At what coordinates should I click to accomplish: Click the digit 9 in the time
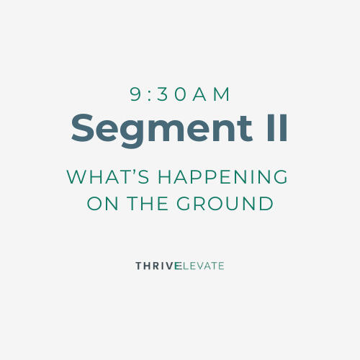point(135,94)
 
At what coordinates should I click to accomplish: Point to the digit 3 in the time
point(163,94)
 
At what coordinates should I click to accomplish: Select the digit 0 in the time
point(180,94)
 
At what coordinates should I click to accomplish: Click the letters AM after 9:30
point(211,94)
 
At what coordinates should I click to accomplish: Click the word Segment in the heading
point(162,130)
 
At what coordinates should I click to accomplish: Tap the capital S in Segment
point(82,127)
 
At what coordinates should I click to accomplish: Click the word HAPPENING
point(222,176)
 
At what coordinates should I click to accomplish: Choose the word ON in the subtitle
point(102,204)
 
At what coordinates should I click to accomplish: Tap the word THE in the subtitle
point(148,204)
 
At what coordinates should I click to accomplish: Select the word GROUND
point(225,204)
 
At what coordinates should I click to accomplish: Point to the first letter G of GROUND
point(184,204)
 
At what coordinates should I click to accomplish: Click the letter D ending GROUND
point(267,204)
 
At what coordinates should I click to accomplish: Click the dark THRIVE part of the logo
point(157,266)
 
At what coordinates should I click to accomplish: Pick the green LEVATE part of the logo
point(203,266)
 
